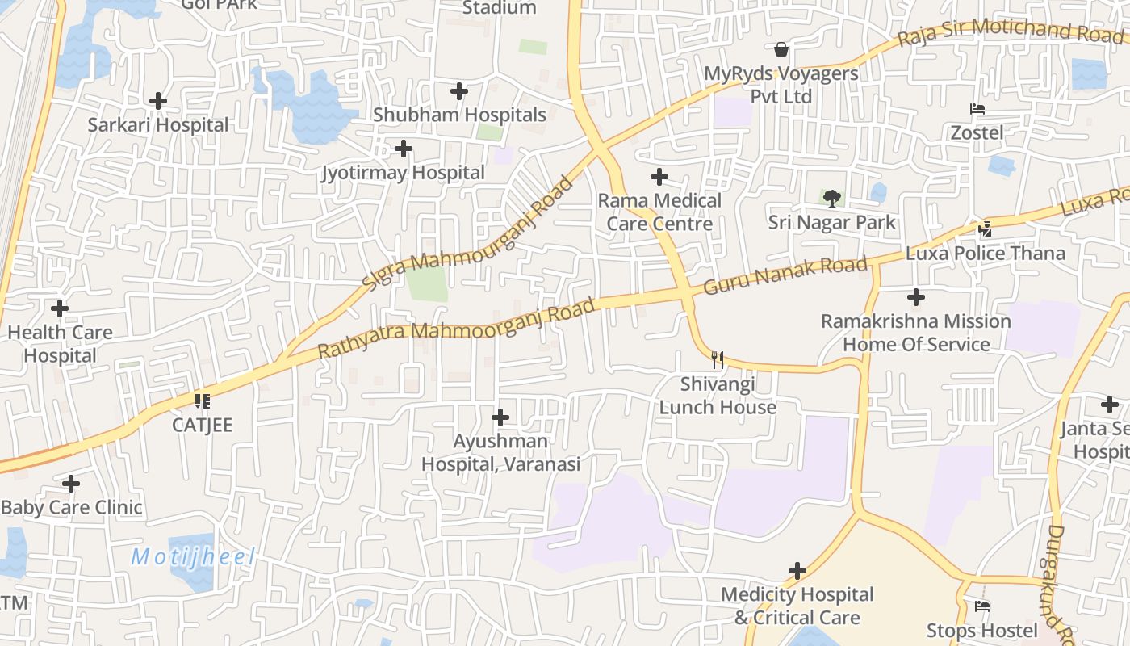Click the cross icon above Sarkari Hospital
pyautogui.click(x=158, y=101)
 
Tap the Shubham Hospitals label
pyautogui.click(x=459, y=115)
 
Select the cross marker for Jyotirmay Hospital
pyautogui.click(x=404, y=149)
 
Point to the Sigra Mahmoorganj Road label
pyautogui.click(x=468, y=233)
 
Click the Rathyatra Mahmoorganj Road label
pyautogui.click(x=456, y=329)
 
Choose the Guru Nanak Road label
pyautogui.click(x=785, y=275)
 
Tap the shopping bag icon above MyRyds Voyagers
pyautogui.click(x=781, y=50)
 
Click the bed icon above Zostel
pyautogui.click(x=977, y=109)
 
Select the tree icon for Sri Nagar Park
pyautogui.click(x=831, y=199)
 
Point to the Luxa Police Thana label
pyautogui.click(x=986, y=253)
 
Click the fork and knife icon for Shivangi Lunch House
pyautogui.click(x=717, y=359)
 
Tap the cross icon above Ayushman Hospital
pyautogui.click(x=500, y=417)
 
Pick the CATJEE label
pyautogui.click(x=202, y=425)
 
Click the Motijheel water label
pyautogui.click(x=193, y=556)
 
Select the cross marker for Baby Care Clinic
pyautogui.click(x=71, y=484)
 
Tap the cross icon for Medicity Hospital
pyautogui.click(x=797, y=572)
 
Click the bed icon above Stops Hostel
pyautogui.click(x=982, y=606)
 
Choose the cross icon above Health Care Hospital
pyautogui.click(x=60, y=308)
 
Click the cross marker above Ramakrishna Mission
pyautogui.click(x=916, y=297)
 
